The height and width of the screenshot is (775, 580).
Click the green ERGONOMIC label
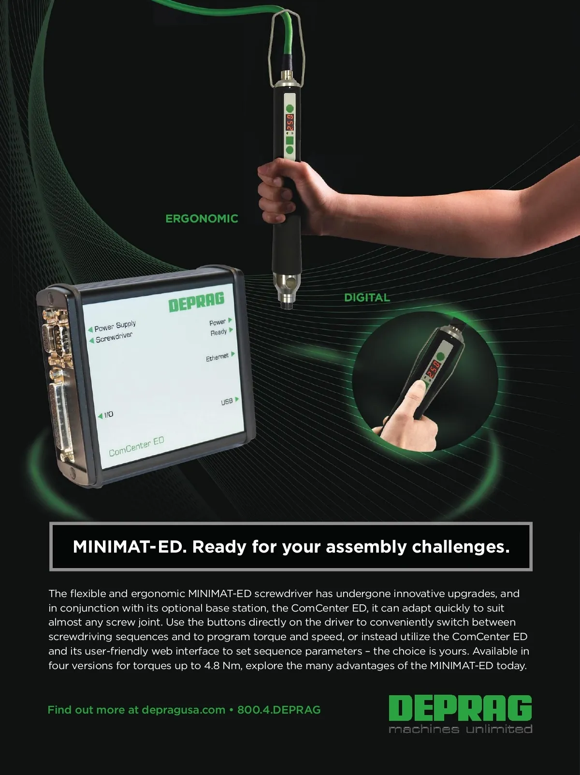point(202,219)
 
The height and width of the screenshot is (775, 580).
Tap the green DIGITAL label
point(367,298)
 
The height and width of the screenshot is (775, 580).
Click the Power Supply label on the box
point(115,326)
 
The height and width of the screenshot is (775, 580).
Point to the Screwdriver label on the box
point(114,337)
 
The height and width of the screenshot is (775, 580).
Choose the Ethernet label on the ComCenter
point(217,357)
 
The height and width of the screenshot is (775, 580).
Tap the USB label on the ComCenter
point(227,401)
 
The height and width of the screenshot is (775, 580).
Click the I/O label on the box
point(109,414)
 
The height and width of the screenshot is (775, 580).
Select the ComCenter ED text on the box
point(136,447)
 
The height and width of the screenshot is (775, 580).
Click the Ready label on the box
point(218,332)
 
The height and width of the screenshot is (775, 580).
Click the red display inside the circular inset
point(433,369)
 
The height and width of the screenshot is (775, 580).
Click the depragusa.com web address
point(184,710)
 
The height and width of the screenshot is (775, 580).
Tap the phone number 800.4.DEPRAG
point(279,710)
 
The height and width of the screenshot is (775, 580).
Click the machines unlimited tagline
point(460,729)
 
